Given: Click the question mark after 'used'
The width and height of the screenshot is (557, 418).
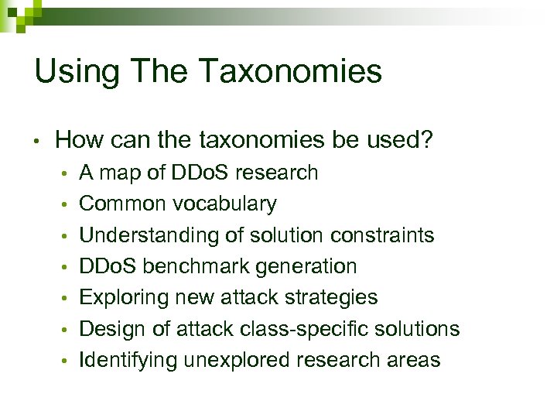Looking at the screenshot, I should [425, 140].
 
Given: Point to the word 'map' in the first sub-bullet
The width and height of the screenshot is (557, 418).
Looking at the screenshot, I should [116, 173].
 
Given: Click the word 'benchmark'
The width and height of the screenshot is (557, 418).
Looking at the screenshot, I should [193, 266].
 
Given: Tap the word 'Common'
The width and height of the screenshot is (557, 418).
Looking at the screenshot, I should [123, 204].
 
